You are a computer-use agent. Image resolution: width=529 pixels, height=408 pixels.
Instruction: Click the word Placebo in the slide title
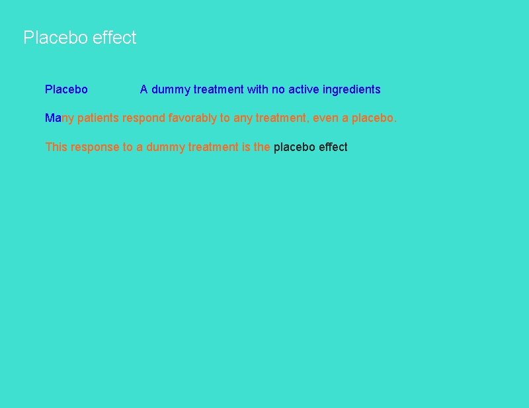(x=56, y=38)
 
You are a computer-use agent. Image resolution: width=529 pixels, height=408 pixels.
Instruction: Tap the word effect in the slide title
(x=114, y=38)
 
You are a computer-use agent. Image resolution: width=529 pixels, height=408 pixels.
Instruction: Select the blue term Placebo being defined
(x=66, y=89)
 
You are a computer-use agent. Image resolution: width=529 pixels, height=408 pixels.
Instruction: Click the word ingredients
(x=351, y=89)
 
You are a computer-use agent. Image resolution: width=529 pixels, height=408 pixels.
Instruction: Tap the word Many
(x=60, y=119)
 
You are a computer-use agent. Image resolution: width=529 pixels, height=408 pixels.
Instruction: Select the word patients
(x=99, y=119)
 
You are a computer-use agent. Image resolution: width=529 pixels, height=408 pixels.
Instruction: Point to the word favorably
(x=192, y=119)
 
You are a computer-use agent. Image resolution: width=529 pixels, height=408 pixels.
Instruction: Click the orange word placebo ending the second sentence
(x=374, y=119)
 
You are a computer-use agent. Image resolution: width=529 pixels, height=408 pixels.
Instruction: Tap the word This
(x=56, y=147)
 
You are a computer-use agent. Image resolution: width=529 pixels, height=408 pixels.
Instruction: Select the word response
(x=95, y=147)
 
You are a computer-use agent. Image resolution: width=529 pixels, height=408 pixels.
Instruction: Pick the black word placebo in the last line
(x=294, y=147)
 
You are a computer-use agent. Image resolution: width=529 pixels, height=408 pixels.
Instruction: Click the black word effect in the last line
(x=333, y=147)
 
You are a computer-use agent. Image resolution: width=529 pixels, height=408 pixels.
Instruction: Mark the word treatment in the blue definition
(x=218, y=89)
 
